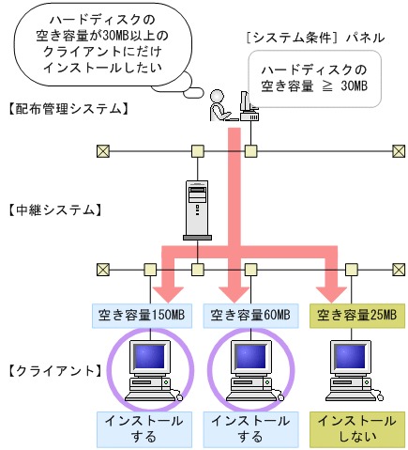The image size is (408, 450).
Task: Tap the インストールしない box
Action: pyautogui.click(x=358, y=429)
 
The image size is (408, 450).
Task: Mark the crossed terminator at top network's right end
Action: pyautogui.click(x=398, y=150)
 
